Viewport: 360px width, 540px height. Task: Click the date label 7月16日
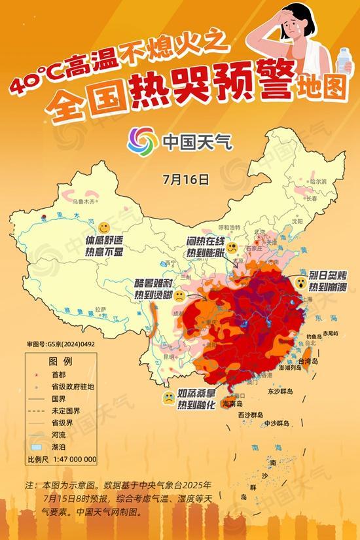[187, 177]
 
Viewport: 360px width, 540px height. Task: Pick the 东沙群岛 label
[280, 391]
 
